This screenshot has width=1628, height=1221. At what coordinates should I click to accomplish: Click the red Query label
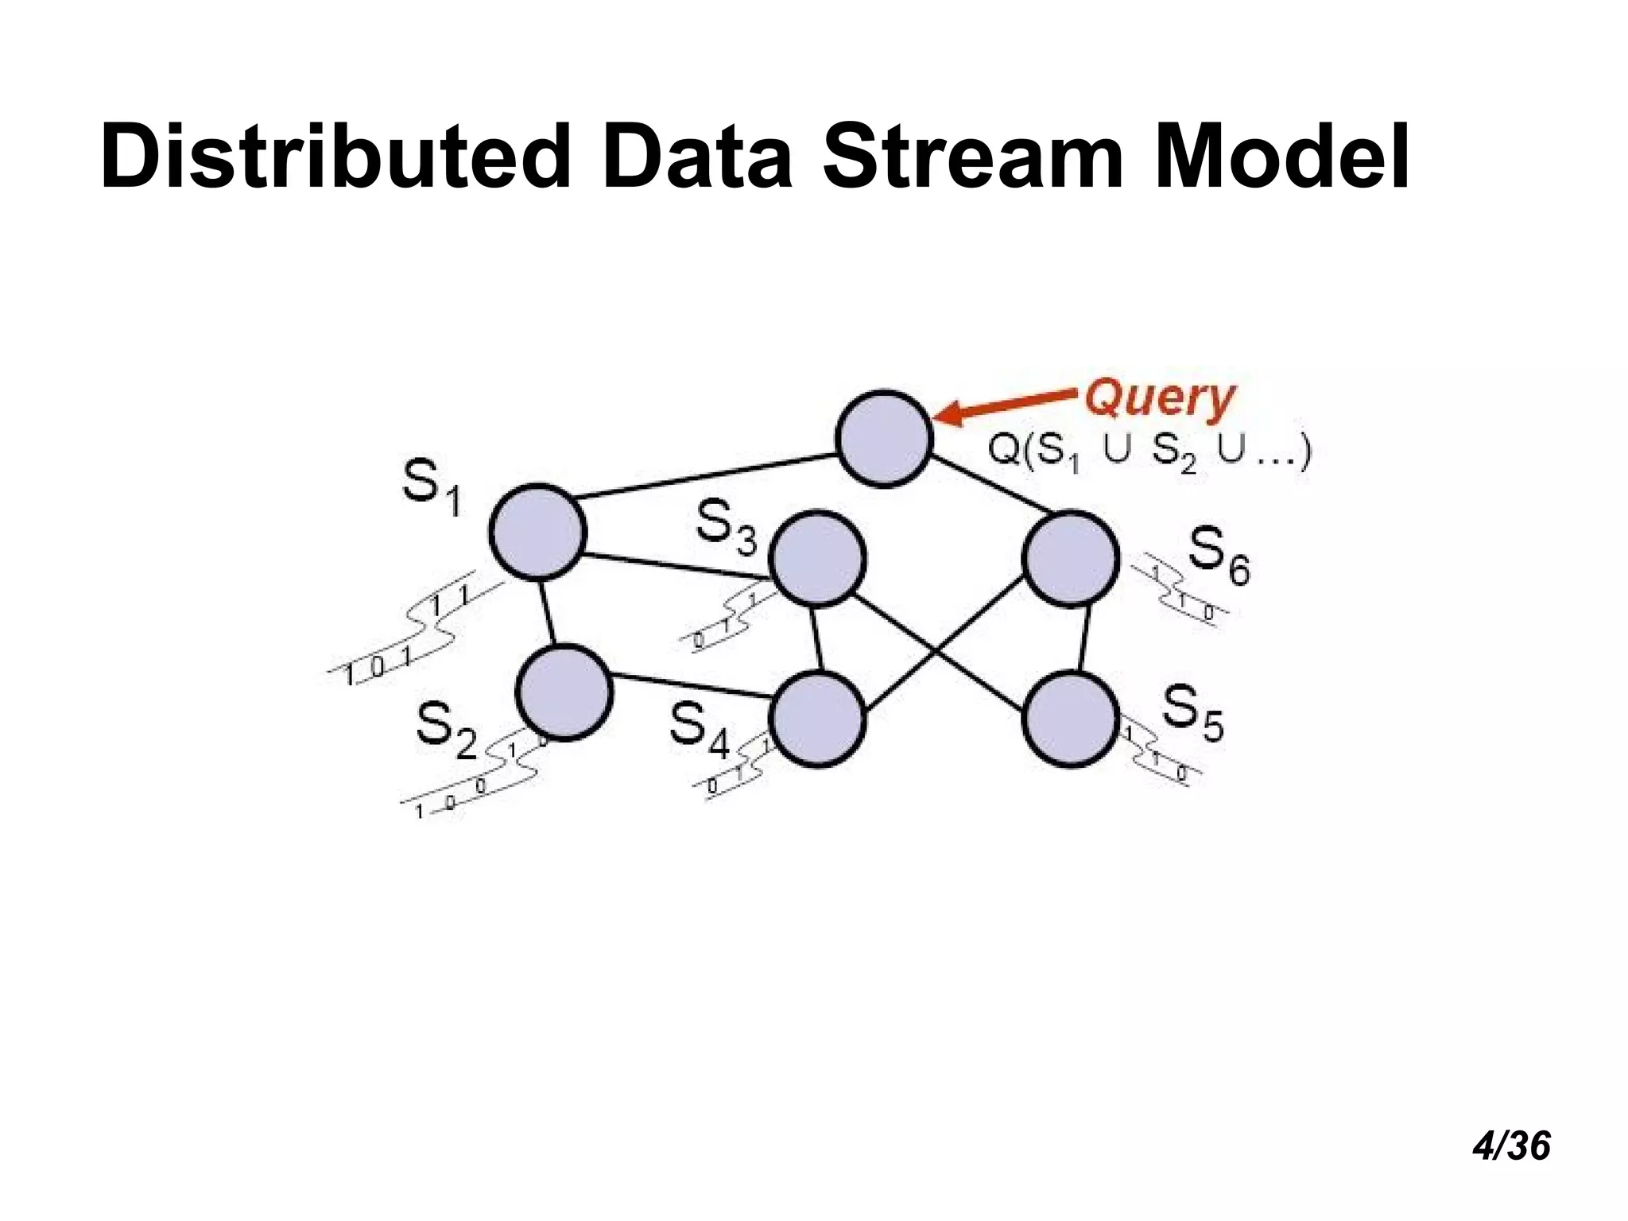click(1160, 399)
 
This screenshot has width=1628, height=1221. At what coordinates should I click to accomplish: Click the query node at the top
click(884, 438)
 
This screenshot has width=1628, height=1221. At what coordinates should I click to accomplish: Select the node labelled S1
click(538, 531)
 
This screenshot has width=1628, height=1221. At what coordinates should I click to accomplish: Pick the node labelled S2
click(564, 692)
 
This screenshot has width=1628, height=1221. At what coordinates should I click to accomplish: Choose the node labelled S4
click(817, 719)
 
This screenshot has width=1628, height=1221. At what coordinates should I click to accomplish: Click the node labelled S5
click(1071, 719)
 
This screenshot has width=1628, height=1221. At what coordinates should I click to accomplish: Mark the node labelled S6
click(1071, 559)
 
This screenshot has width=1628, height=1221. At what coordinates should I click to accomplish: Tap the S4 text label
click(699, 729)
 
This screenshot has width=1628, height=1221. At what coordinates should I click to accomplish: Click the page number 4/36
click(1510, 1146)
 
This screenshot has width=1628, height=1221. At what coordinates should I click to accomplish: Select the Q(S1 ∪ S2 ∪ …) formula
click(1149, 454)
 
